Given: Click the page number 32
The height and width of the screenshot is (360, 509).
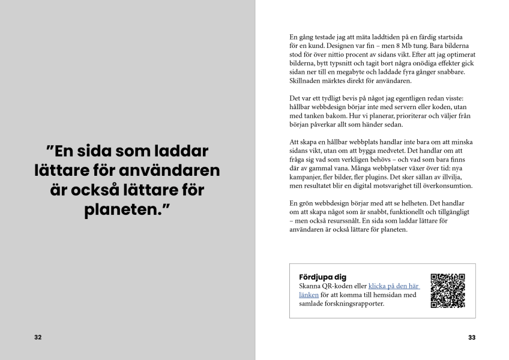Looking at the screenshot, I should [x=38, y=337].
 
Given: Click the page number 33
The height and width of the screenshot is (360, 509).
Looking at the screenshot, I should [x=472, y=337].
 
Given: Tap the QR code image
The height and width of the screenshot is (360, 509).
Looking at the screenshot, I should [x=448, y=290].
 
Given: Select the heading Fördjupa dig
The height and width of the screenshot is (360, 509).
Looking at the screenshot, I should [x=322, y=277].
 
